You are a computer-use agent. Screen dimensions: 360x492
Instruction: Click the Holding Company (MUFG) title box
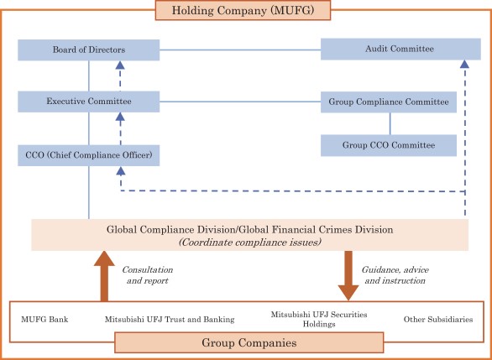(x=245, y=11)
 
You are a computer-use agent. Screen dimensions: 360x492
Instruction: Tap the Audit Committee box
(x=389, y=49)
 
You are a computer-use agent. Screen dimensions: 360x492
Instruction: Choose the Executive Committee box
(x=88, y=102)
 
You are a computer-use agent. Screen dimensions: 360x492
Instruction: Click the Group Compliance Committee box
(x=389, y=102)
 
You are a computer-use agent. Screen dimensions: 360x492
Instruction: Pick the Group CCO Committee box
(x=389, y=145)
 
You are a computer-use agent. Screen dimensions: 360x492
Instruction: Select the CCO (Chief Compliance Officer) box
(x=88, y=155)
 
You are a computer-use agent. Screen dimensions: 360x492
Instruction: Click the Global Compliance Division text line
(x=249, y=228)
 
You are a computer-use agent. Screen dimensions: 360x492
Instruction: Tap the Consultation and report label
(x=148, y=275)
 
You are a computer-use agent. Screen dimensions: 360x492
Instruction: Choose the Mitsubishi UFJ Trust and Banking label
(x=170, y=319)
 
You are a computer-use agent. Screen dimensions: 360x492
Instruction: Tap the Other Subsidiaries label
(x=437, y=319)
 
